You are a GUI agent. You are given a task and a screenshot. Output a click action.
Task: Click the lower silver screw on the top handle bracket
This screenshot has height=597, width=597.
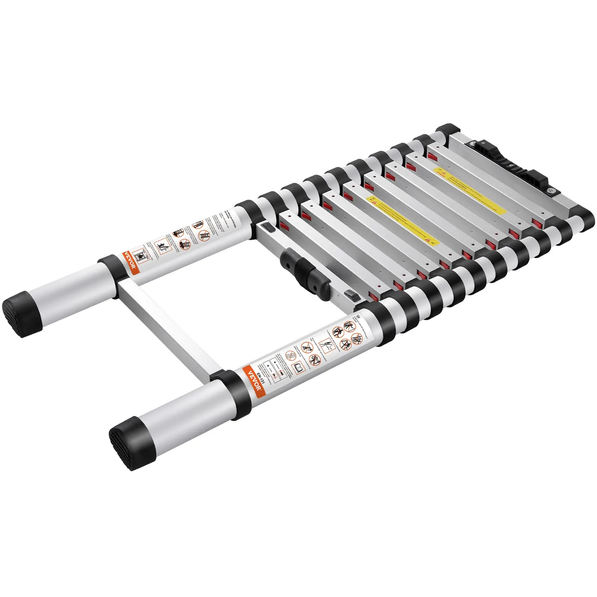[551, 191]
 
